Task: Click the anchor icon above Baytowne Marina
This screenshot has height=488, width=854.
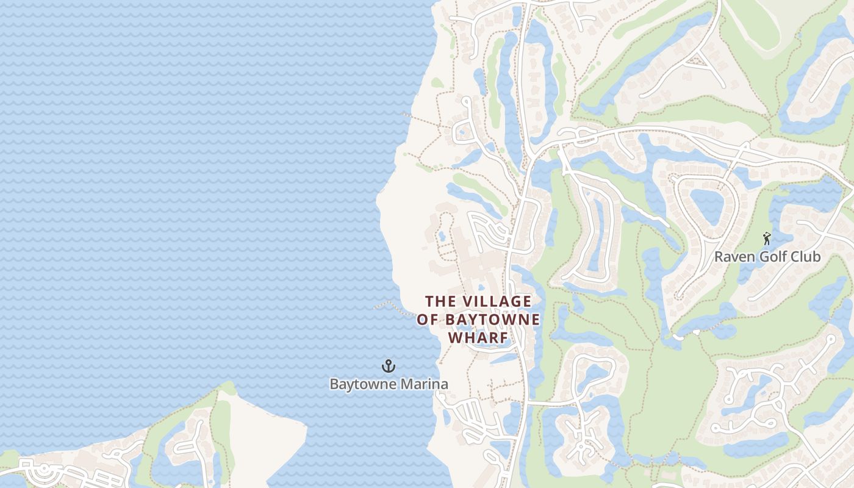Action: [x=389, y=366]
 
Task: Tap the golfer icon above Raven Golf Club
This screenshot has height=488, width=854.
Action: [x=767, y=239]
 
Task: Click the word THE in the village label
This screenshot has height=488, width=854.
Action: [x=440, y=301]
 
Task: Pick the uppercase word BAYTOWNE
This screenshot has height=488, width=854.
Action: [x=493, y=320]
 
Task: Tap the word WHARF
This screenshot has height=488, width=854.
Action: [x=479, y=337]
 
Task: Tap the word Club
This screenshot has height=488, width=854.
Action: [x=805, y=257]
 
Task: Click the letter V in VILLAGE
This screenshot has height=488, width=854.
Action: [x=468, y=301]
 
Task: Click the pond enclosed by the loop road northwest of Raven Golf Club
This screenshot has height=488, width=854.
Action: [x=707, y=206]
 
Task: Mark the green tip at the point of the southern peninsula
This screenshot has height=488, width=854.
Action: [x=227, y=388]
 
